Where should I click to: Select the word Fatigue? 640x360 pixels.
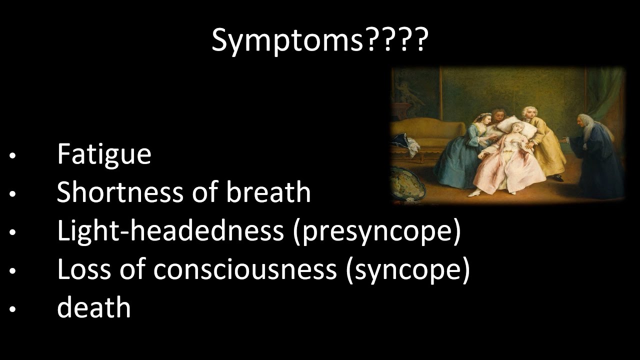[104, 154]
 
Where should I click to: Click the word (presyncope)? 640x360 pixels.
[377, 231]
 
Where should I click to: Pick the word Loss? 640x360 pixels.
[80, 269]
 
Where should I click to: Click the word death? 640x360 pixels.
[94, 307]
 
